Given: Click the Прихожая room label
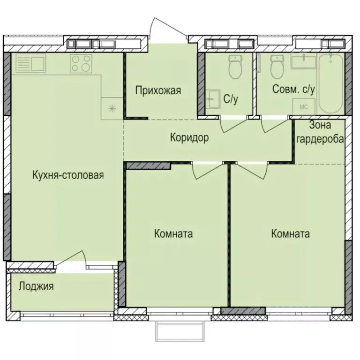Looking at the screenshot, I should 158,90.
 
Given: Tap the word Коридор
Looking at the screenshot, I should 189,138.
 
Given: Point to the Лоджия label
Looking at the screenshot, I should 36,286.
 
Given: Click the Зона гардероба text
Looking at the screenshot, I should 321,132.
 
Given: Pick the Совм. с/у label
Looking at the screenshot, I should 293,89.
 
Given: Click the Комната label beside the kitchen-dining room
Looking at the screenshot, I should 173,234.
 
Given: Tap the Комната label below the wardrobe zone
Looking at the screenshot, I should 290,234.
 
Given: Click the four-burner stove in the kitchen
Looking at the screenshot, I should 80,63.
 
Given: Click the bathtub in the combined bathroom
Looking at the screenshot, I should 331,83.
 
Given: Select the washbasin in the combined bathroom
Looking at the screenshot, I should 304,61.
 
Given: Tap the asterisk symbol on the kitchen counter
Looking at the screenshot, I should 112,109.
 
